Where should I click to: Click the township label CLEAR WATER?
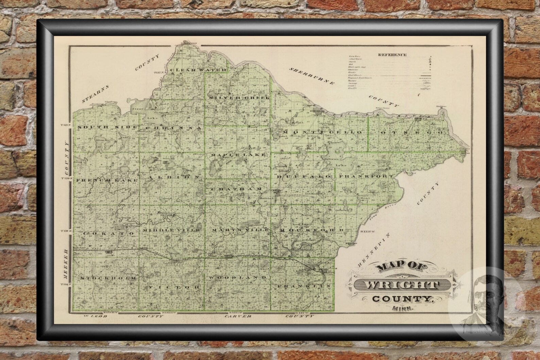coord(198,70)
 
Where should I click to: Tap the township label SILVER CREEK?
coord(240,98)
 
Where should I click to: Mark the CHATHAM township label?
coord(236,189)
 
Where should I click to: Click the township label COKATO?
coord(104,234)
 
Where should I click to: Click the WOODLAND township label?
coord(237,278)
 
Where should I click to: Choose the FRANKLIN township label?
coord(304,287)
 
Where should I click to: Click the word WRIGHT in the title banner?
coord(397,285)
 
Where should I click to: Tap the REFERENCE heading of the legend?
coord(392,55)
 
